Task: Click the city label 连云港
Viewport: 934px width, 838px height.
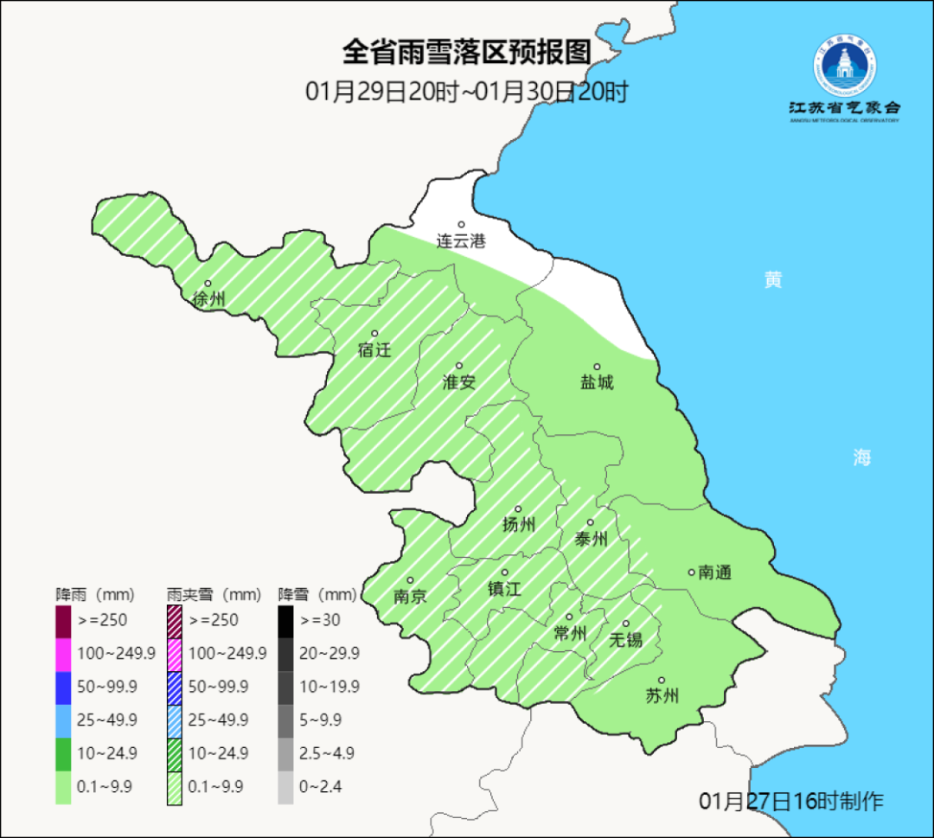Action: [461, 241]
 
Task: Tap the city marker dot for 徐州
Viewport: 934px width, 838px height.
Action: [208, 284]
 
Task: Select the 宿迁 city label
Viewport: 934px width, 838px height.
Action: [374, 350]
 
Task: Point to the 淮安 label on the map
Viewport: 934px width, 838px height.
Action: [459, 382]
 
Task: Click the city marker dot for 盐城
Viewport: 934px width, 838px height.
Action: [596, 367]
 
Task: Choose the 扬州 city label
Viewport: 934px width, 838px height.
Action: [519, 525]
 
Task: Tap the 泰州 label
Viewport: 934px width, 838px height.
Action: [591, 540]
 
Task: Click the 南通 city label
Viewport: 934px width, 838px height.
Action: [715, 572]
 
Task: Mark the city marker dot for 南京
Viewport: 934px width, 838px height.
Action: [410, 580]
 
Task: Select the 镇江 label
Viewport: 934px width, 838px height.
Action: [503, 589]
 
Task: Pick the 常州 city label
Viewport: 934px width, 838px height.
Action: [570, 634]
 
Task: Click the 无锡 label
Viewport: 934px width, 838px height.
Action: [625, 640]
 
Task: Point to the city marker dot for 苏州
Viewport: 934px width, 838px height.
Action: [662, 681]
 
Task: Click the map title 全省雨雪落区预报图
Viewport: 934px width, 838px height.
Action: [466, 52]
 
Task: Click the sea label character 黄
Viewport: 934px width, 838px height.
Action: [772, 279]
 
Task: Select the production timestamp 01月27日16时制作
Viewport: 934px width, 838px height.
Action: [791, 801]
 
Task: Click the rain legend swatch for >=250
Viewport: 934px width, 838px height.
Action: [63, 620]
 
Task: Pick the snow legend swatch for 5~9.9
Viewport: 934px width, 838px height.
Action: [285, 720]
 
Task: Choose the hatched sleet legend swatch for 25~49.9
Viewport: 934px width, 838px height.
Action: [174, 720]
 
